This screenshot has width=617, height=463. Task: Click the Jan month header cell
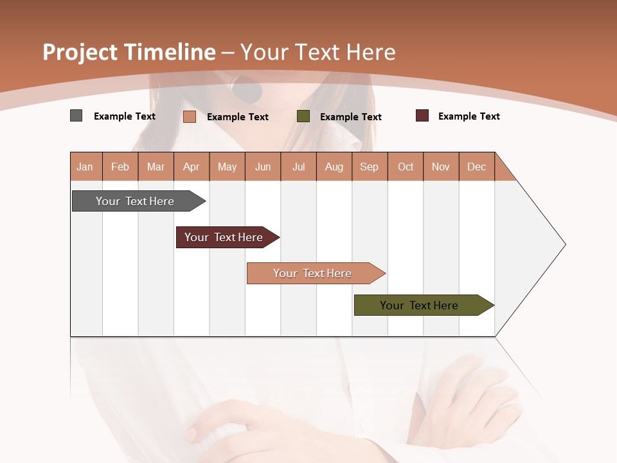tap(85, 167)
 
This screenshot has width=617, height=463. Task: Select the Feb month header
tap(120, 167)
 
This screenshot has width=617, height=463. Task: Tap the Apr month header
tap(192, 167)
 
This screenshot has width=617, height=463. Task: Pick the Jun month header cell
tap(263, 167)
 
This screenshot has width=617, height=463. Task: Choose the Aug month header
tap(334, 167)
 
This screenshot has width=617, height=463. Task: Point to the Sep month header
tap(370, 167)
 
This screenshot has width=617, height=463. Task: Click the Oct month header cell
tap(406, 167)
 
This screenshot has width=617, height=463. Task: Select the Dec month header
tap(477, 167)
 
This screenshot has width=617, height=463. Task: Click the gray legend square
tap(76, 116)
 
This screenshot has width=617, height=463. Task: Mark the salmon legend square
tap(190, 116)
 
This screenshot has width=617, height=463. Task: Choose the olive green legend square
tap(303, 116)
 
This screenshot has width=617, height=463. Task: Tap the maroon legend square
tap(422, 116)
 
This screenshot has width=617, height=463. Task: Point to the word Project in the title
tap(80, 52)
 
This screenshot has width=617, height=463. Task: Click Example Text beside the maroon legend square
tap(469, 116)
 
